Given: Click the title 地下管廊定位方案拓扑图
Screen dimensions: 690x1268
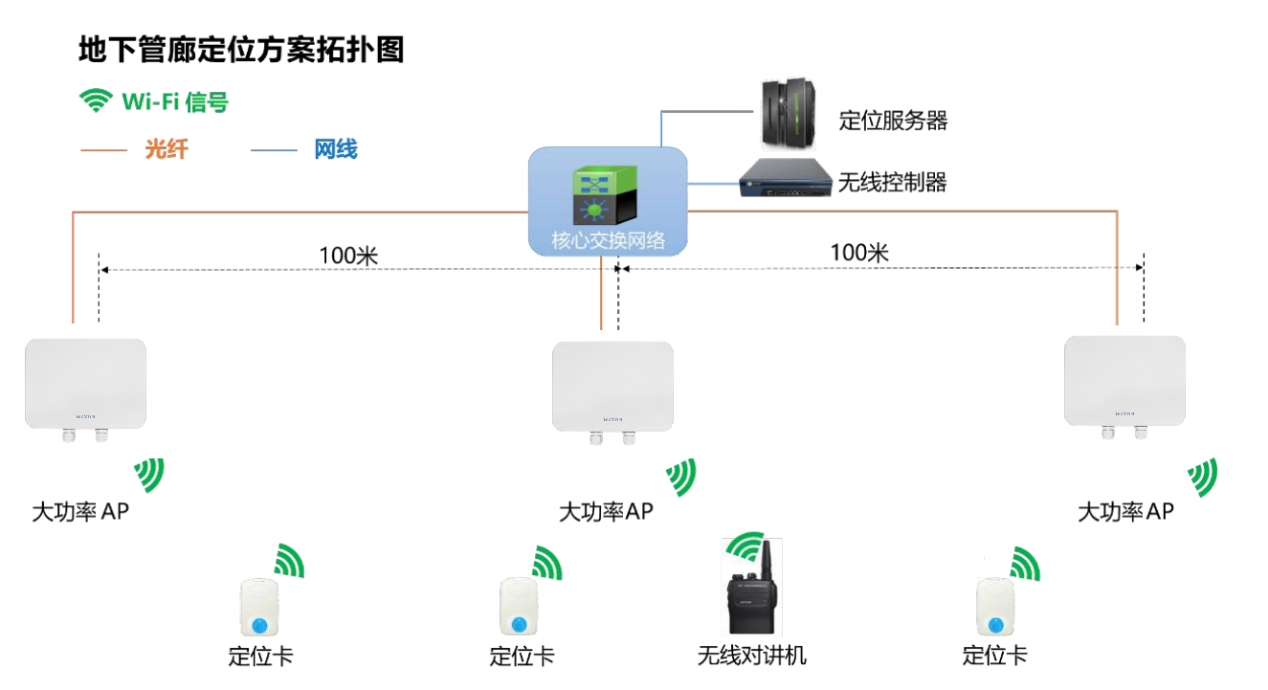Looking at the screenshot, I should coord(241,50).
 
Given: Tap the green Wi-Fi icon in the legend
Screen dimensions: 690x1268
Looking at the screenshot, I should coord(95,100).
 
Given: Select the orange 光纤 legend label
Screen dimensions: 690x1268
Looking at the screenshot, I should coord(166,149).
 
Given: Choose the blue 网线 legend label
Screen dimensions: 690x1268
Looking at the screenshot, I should coord(335,149).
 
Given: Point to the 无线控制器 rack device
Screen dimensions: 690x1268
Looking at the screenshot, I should coord(784,180).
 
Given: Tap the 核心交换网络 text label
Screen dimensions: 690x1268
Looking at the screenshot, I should coord(608,240).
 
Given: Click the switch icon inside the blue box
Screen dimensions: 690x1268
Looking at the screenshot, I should coord(598,196).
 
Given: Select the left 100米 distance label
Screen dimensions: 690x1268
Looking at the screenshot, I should coord(349,256).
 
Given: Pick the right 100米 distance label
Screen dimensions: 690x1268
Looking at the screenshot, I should coord(859,253).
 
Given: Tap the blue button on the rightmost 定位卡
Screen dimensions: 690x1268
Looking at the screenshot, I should coord(996,625).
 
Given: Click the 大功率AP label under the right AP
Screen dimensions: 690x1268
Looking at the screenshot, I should coord(1125,512).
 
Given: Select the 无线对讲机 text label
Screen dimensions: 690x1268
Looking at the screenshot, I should coord(751,656).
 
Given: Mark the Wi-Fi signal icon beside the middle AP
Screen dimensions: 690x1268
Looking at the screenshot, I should coord(681,476).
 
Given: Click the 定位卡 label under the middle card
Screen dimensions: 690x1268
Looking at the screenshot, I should coord(522,657).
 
